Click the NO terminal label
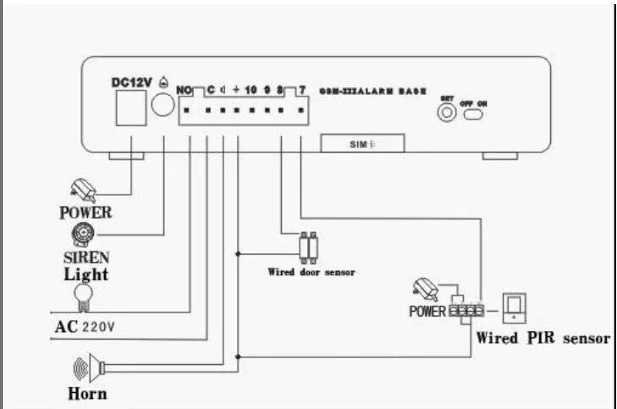pyautogui.click(x=185, y=90)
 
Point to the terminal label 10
pyautogui.click(x=251, y=90)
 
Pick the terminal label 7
pyautogui.click(x=302, y=90)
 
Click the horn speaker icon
pyautogui.click(x=90, y=368)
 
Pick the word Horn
pyautogui.click(x=87, y=394)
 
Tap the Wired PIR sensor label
pyautogui.click(x=543, y=339)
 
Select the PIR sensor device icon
pyautogui.click(x=514, y=307)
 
